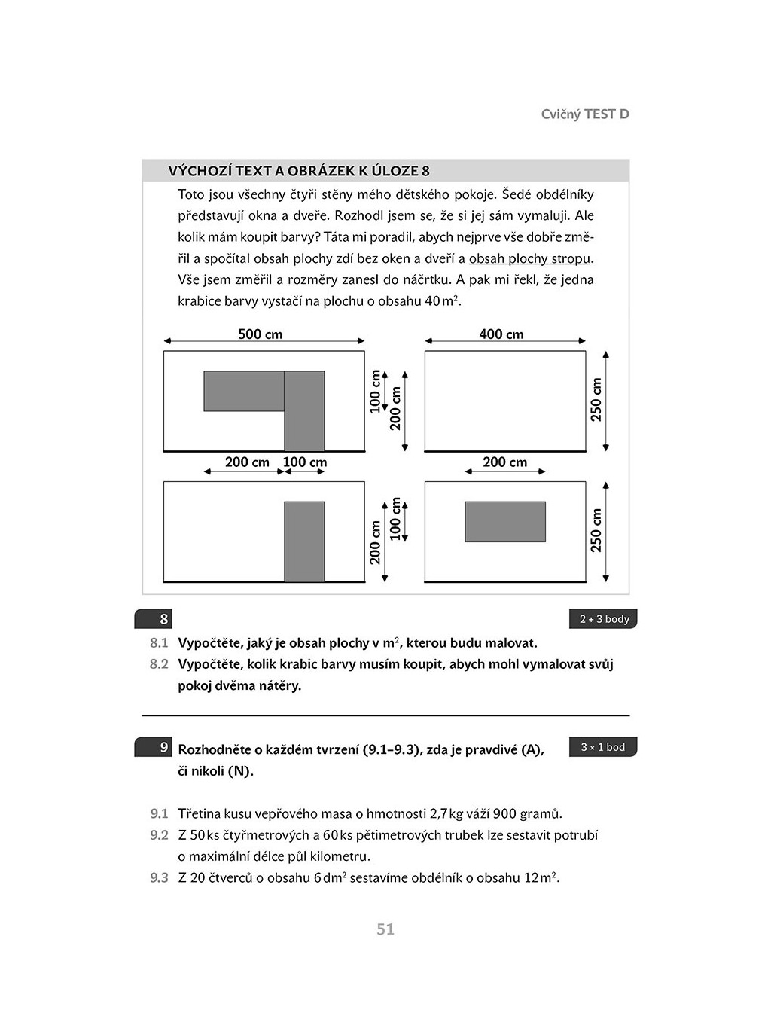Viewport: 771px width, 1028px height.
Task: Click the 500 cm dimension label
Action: point(260,334)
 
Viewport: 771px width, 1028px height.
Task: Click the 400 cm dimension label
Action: point(501,334)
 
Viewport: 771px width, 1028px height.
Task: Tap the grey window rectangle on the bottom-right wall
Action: point(505,522)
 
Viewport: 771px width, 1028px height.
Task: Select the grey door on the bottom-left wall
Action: point(304,541)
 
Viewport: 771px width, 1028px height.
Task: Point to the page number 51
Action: point(385,929)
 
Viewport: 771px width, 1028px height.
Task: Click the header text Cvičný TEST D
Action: point(585,114)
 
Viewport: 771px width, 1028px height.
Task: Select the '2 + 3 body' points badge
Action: point(603,619)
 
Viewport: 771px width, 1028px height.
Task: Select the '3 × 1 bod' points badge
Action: point(603,747)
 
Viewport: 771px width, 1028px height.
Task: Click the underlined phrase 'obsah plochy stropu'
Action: point(529,258)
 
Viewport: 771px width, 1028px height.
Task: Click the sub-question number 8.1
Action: point(159,643)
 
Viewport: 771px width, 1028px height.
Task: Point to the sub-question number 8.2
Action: point(159,664)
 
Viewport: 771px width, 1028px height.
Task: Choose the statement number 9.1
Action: point(159,813)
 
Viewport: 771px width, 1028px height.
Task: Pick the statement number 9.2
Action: point(159,835)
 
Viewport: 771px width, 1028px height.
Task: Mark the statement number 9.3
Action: point(159,878)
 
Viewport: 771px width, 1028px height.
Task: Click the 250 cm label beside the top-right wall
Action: point(596,399)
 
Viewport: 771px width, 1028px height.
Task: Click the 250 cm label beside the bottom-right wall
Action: point(596,530)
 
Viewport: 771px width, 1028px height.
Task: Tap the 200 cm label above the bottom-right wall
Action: point(504,462)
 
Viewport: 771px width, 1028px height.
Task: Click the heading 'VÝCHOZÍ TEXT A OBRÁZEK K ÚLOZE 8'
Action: point(299,171)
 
